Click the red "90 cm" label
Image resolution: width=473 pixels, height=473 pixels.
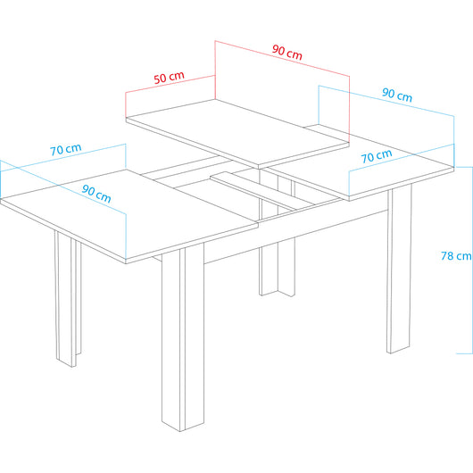(x=286, y=53)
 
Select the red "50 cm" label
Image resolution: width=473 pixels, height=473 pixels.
(x=169, y=78)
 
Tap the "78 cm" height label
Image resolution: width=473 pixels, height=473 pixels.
(x=456, y=256)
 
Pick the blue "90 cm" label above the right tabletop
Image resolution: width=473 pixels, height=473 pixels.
(x=397, y=95)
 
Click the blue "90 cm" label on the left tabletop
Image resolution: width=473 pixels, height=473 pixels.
(x=96, y=194)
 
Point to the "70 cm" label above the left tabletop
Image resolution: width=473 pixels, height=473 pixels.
(x=66, y=149)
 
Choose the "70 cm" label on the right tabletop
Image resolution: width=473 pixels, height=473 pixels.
(x=377, y=155)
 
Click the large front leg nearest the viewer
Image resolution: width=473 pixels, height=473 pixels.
(x=183, y=337)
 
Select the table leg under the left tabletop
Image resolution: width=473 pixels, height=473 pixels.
(x=68, y=299)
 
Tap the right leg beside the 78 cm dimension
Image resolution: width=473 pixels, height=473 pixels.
(x=399, y=269)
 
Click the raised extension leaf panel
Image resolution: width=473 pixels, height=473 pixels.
(x=237, y=132)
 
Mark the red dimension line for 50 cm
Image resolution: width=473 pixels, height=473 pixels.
(x=170, y=84)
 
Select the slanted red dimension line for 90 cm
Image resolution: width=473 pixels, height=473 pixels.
(x=282, y=58)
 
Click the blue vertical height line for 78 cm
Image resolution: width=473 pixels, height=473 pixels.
(x=472, y=260)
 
